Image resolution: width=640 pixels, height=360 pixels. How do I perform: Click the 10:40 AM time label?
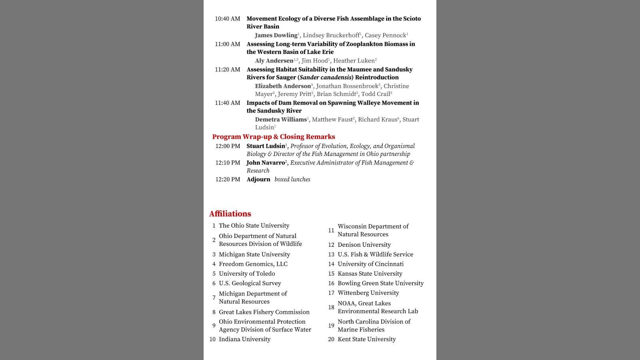(227, 19)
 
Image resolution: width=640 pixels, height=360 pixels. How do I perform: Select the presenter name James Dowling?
(276, 35)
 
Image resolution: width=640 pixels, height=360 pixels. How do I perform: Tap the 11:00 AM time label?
(227, 44)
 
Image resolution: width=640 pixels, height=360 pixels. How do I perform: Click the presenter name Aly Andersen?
(274, 61)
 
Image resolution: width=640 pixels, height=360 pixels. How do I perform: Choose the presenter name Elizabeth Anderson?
(283, 86)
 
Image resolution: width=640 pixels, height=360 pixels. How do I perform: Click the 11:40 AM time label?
(227, 103)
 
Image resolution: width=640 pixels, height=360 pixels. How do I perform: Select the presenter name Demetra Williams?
(281, 120)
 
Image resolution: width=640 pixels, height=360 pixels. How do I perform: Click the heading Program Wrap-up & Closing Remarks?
(274, 137)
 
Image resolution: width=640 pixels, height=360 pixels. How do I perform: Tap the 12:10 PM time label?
(228, 163)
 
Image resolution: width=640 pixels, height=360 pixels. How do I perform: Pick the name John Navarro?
(265, 163)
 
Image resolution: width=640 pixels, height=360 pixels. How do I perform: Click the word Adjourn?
(258, 180)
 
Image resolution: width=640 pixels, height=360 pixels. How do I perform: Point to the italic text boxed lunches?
(292, 180)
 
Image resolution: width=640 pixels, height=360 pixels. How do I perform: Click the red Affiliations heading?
(230, 214)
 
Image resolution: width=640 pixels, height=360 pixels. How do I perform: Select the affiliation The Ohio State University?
(254, 226)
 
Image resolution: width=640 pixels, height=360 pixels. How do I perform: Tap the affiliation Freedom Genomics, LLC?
(253, 264)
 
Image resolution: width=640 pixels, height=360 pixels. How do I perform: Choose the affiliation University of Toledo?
(247, 274)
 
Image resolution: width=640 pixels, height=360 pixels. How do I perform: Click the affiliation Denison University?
(364, 245)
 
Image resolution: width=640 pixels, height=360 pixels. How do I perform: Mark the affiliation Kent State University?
(366, 339)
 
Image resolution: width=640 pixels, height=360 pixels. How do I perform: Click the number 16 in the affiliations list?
(331, 283)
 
